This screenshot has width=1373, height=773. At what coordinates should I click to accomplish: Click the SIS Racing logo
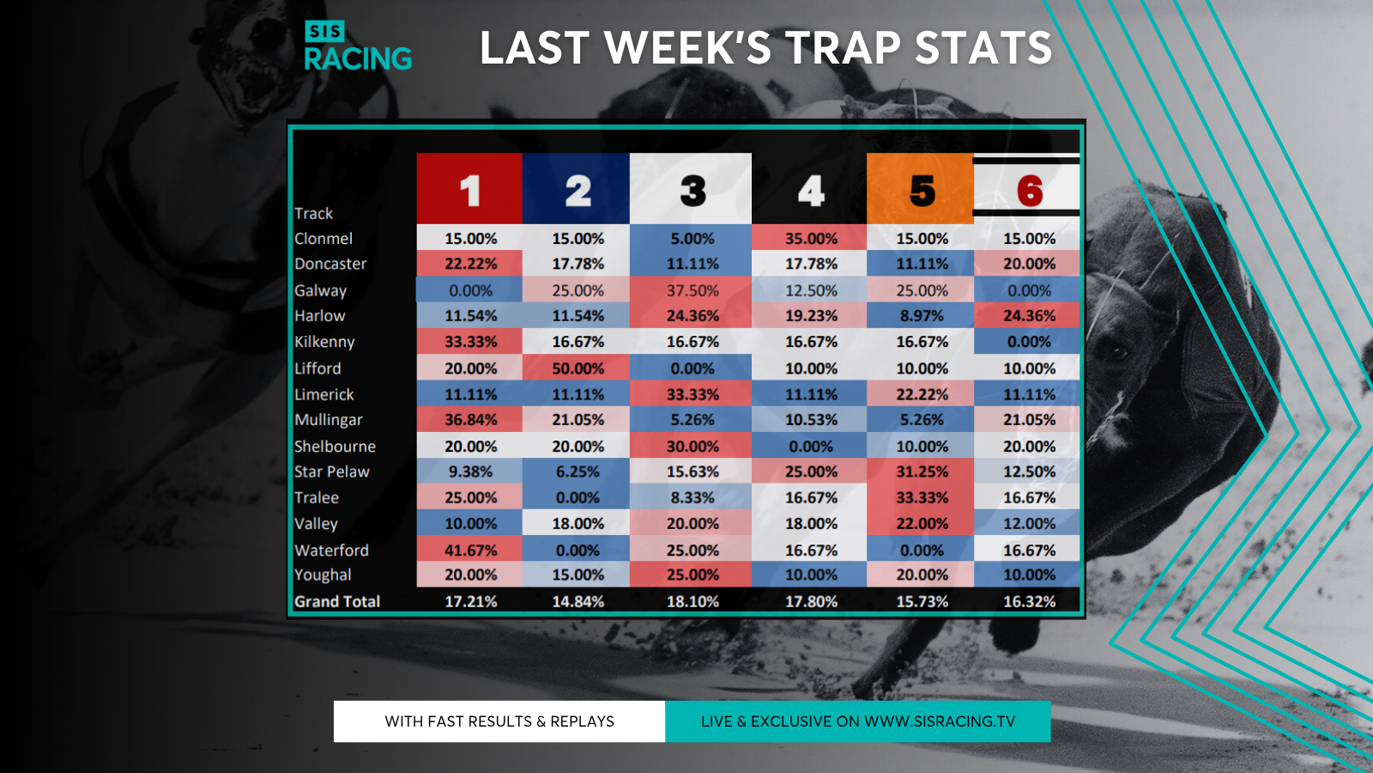[358, 46]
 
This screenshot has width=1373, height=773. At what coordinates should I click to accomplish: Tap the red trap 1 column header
[469, 188]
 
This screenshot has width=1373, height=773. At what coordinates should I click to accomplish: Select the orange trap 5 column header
[919, 188]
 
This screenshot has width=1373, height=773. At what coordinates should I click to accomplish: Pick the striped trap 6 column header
[1026, 187]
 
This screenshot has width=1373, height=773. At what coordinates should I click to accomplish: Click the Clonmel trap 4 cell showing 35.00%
[809, 237]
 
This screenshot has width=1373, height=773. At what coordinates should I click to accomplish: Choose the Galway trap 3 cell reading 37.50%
[691, 289]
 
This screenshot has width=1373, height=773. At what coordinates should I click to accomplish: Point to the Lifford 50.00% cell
[576, 368]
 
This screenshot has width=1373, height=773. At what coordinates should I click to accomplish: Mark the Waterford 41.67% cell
[469, 549]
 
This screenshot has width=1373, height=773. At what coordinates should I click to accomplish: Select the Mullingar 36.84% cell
[469, 419]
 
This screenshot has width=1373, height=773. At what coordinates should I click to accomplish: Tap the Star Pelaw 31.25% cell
[919, 471]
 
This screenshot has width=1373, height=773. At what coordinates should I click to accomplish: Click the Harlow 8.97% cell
[919, 315]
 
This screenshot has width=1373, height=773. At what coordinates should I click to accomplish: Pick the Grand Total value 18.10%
[692, 601]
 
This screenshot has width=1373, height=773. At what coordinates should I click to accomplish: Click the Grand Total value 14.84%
[578, 601]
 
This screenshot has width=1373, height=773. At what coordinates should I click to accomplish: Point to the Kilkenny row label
[324, 342]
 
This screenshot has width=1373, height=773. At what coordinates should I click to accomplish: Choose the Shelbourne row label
[335, 446]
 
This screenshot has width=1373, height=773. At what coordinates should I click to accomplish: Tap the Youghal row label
[323, 575]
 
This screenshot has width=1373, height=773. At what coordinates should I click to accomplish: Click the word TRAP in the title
[844, 48]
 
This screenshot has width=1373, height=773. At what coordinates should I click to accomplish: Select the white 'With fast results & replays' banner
[499, 721]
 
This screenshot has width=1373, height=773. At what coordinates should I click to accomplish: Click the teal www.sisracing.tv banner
[858, 721]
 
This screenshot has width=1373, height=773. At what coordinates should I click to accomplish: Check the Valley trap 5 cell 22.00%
[919, 523]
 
